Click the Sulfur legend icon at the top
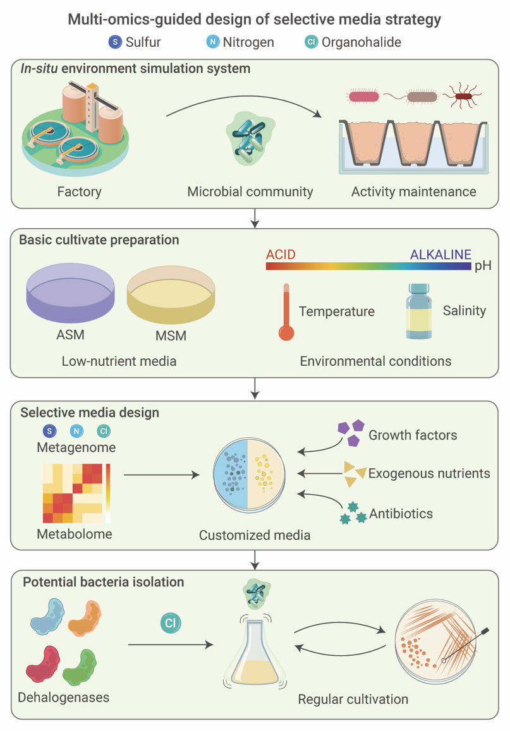(115, 42)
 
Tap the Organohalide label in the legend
(361, 42)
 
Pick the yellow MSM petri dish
(171, 294)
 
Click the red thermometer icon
(286, 312)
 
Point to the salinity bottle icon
(418, 311)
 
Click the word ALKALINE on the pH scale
(440, 255)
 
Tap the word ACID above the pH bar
(281, 255)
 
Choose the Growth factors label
(413, 435)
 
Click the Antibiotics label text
(401, 513)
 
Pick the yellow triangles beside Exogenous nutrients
(355, 473)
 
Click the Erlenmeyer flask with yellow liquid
(255, 654)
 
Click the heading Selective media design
(90, 413)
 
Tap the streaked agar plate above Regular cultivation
(436, 641)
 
